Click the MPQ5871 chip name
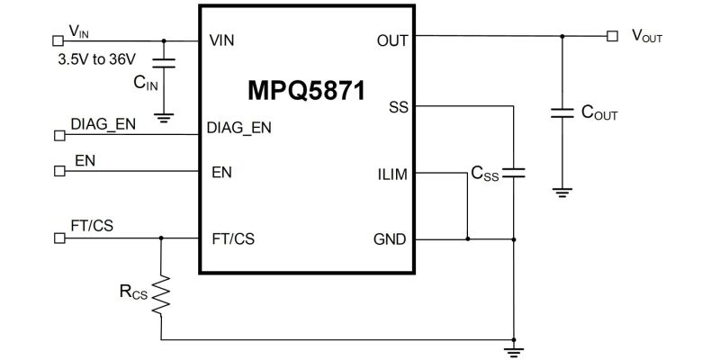pyautogui.click(x=306, y=91)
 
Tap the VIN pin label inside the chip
pyautogui.click(x=221, y=40)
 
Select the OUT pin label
pyautogui.click(x=392, y=40)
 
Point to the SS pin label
pyautogui.click(x=398, y=107)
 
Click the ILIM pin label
pyautogui.click(x=392, y=175)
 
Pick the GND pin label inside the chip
pyautogui.click(x=390, y=239)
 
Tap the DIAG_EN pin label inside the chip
pyautogui.click(x=238, y=128)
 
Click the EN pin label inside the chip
pyautogui.click(x=221, y=173)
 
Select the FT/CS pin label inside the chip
pyautogui.click(x=233, y=239)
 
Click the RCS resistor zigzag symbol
pyautogui.click(x=161, y=295)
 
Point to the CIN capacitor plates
pyautogui.click(x=164, y=63)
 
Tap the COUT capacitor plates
pyautogui.click(x=562, y=113)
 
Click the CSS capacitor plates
pyautogui.click(x=513, y=173)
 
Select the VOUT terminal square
pyautogui.click(x=612, y=36)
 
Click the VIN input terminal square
pyautogui.click(x=58, y=40)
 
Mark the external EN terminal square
pyautogui.click(x=59, y=171)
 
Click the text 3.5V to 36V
pyautogui.click(x=97, y=59)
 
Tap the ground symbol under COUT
pyautogui.click(x=562, y=193)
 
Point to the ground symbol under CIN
pyautogui.click(x=164, y=118)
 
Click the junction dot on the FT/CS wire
pyautogui.click(x=161, y=238)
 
